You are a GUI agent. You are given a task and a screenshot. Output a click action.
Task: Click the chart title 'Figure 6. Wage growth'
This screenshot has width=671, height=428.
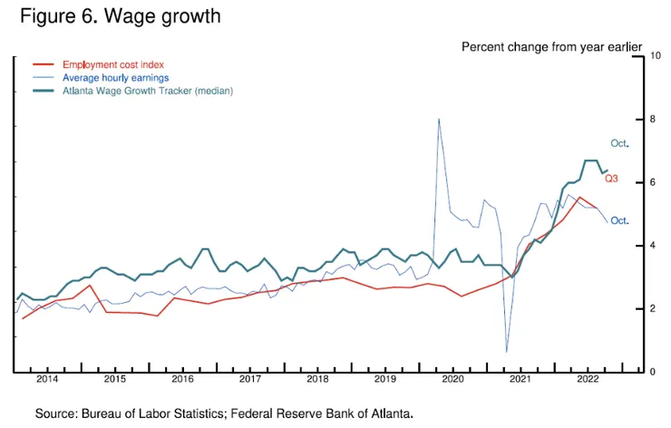(120, 16)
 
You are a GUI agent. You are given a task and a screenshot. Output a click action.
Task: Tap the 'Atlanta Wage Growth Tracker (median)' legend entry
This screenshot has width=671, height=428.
(148, 92)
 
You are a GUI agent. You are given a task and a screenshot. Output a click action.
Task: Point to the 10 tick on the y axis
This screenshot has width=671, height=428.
(656, 56)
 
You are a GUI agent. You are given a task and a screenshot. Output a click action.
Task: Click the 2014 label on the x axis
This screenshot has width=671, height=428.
(47, 378)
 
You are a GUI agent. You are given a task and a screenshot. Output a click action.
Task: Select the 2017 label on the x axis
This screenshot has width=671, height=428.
(250, 378)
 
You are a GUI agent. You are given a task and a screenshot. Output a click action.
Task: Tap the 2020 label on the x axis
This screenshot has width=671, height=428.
(452, 378)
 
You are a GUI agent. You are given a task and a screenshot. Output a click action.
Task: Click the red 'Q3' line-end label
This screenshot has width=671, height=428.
(611, 180)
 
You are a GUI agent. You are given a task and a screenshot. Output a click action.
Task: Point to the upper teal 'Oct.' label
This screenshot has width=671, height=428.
(620, 143)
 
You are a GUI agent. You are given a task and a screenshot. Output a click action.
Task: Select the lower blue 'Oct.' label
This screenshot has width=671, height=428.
(620, 221)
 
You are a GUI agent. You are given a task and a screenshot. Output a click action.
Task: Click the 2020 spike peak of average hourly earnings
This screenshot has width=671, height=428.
(439, 118)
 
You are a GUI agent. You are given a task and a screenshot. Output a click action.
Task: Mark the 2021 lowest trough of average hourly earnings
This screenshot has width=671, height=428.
(506, 352)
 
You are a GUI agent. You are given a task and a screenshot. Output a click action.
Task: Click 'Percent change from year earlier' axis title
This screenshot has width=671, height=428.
(551, 46)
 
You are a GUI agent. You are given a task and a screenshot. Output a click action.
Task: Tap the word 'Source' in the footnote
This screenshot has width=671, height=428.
(53, 413)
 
